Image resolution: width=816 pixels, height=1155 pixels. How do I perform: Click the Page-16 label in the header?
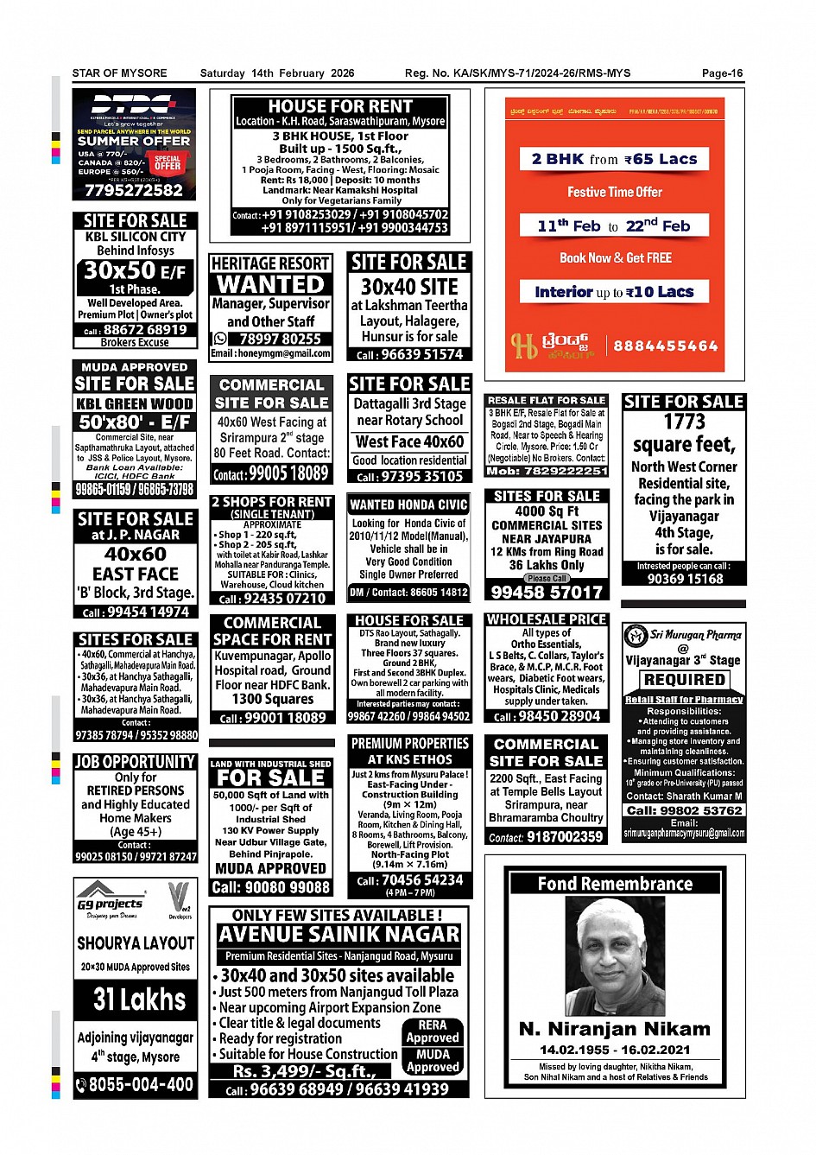(x=722, y=73)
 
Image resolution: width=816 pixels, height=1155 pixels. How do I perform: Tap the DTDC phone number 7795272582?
(x=134, y=190)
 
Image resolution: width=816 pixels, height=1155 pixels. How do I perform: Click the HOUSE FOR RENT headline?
(x=340, y=106)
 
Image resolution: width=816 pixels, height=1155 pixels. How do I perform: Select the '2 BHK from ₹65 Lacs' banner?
(x=614, y=159)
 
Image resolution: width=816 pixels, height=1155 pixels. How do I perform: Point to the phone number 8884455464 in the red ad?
(x=665, y=346)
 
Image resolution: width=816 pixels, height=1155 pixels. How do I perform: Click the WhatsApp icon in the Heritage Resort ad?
(x=220, y=339)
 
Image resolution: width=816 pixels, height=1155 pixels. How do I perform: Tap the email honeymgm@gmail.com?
(x=271, y=352)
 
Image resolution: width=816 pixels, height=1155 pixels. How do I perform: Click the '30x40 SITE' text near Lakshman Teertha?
(x=409, y=286)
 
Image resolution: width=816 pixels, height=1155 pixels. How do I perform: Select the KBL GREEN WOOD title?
(x=135, y=403)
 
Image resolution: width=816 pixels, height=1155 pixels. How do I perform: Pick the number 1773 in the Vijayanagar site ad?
(x=684, y=422)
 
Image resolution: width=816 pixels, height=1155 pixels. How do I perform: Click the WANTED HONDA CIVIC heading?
(x=408, y=505)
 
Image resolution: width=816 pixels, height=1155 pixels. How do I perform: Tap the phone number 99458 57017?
(x=547, y=592)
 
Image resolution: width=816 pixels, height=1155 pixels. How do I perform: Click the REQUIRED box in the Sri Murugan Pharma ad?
(x=684, y=680)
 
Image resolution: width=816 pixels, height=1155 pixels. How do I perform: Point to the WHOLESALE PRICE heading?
(x=547, y=619)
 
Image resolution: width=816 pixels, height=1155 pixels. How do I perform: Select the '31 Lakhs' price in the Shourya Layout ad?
(x=139, y=1000)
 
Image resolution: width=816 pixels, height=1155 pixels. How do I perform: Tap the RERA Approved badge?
(x=433, y=1031)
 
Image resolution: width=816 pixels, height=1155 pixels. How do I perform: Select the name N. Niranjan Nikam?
(x=614, y=1029)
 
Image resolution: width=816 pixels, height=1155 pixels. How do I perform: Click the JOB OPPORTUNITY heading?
(x=135, y=761)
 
